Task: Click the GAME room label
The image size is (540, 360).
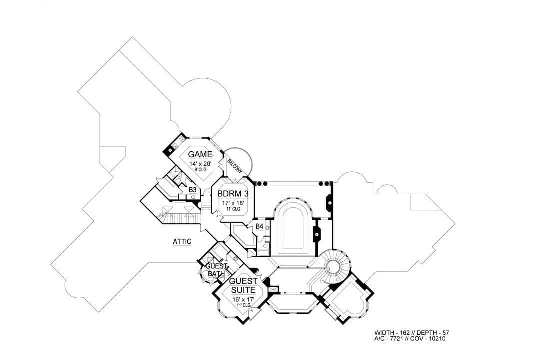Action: pyautogui.click(x=200, y=154)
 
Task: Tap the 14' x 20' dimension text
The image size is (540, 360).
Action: pyautogui.click(x=200, y=164)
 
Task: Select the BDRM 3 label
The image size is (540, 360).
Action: pyautogui.click(x=233, y=194)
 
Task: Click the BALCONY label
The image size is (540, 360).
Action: pyautogui.click(x=235, y=166)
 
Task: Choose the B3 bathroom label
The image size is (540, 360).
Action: pyautogui.click(x=193, y=190)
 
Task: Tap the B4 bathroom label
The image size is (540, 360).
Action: pyautogui.click(x=259, y=226)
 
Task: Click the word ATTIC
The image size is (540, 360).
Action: pyautogui.click(x=182, y=242)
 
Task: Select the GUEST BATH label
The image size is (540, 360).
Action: pyautogui.click(x=216, y=270)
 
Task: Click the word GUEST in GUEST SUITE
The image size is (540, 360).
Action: pyautogui.click(x=243, y=281)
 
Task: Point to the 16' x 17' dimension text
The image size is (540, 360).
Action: pyautogui.click(x=243, y=300)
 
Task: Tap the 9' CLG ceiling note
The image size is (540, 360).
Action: pyautogui.click(x=200, y=170)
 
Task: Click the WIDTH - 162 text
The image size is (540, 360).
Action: pyautogui.click(x=392, y=333)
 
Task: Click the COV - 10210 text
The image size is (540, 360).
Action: pyautogui.click(x=431, y=339)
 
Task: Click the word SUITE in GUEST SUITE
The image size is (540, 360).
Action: pyautogui.click(x=243, y=290)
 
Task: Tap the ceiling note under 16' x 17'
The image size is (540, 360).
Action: pyautogui.click(x=243, y=305)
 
